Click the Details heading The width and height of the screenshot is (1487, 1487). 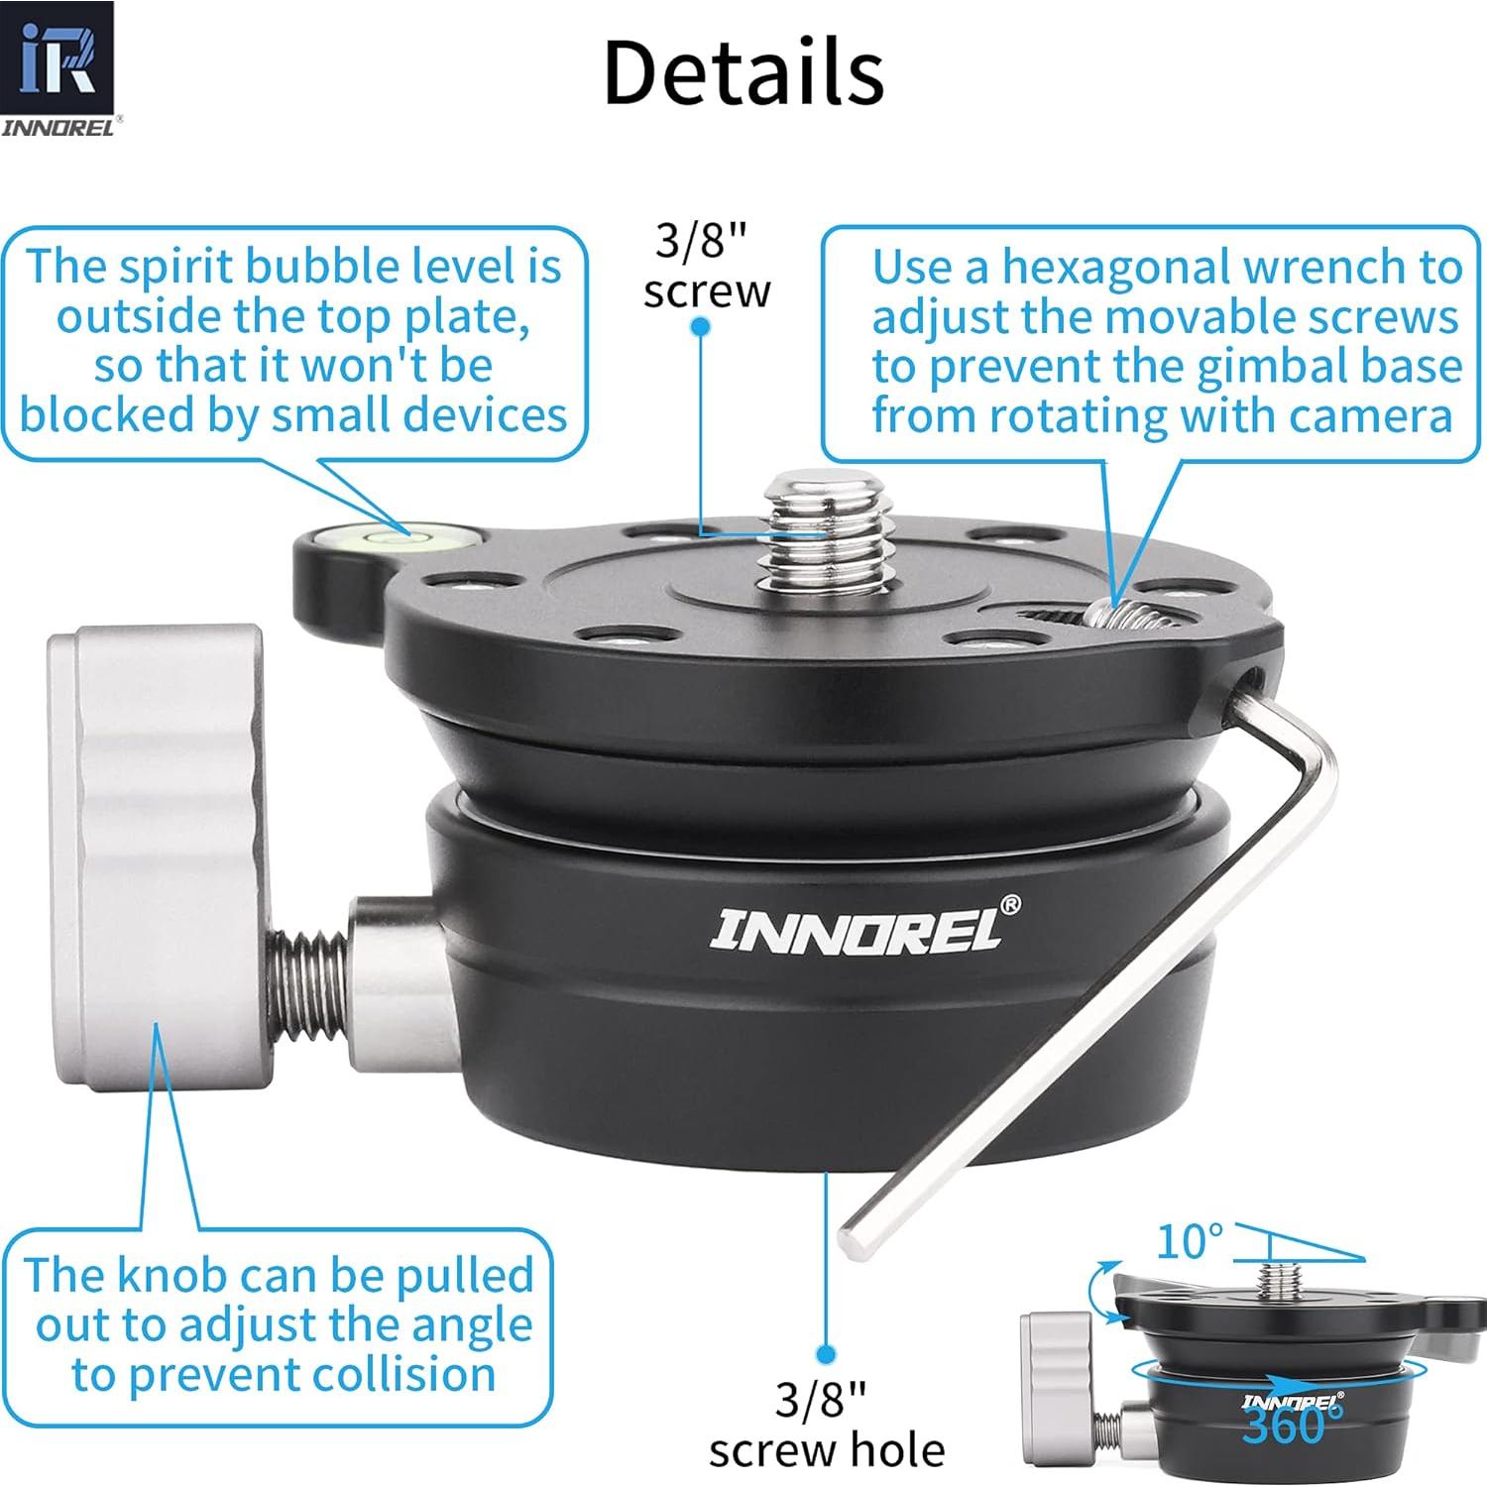coord(743,71)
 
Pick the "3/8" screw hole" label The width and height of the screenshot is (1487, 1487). coord(825,1425)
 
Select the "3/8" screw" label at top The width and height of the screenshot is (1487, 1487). coord(706,266)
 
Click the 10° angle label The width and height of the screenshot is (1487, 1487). coord(1190,1241)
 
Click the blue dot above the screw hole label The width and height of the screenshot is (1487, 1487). coord(826,1354)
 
